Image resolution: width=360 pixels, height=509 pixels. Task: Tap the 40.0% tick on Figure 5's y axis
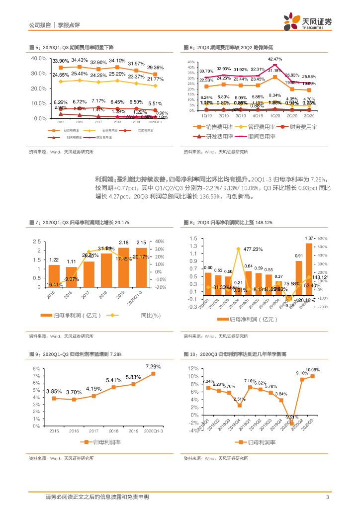tap(39, 58)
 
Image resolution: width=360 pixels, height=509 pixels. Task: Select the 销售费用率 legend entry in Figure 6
tap(214, 127)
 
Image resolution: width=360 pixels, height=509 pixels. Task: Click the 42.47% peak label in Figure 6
tap(275, 59)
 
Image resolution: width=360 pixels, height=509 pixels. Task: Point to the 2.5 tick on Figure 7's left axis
tap(37, 242)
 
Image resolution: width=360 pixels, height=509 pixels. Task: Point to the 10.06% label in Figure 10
tap(313, 370)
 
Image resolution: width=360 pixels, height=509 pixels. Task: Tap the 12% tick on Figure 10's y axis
tap(193, 369)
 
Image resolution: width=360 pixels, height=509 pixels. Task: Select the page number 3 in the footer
tap(327, 497)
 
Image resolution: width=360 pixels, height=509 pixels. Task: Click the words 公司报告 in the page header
tap(40, 24)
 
